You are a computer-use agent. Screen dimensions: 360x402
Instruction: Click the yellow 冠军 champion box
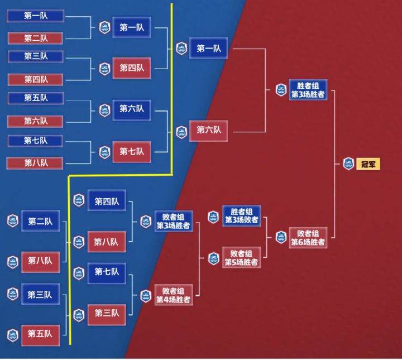368,164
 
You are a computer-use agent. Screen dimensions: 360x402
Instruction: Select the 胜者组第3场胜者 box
308,90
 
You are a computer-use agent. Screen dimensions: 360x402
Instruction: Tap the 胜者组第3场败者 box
241,216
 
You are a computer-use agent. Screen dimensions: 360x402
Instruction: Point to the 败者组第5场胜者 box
241,258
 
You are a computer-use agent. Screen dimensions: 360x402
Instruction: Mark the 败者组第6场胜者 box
308,237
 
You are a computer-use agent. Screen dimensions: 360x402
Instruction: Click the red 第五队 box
40,334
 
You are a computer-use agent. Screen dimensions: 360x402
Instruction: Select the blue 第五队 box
36,98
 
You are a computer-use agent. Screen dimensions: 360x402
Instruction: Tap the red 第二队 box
36,39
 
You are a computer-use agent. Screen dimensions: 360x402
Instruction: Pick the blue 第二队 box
40,222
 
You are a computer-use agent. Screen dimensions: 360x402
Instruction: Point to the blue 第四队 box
106,201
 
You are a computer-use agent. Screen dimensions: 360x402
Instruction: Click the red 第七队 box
131,151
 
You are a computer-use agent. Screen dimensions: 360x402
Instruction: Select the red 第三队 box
106,313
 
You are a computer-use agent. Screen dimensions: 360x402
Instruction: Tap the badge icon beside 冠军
348,164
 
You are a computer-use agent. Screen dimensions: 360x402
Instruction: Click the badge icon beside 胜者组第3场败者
213,217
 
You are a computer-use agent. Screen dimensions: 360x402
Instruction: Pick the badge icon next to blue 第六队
104,110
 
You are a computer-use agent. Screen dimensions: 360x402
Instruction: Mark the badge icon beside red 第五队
12,334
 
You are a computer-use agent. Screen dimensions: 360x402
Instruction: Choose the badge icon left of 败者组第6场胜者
281,237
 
